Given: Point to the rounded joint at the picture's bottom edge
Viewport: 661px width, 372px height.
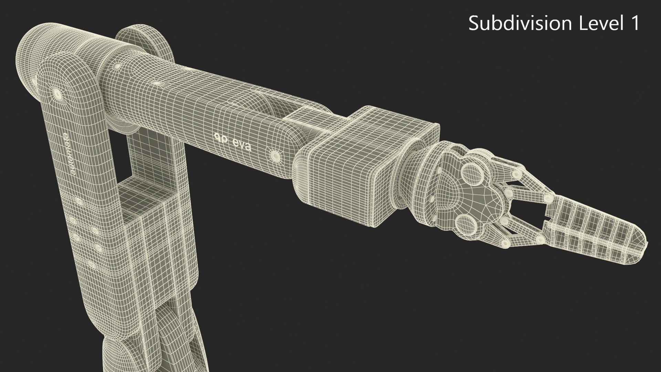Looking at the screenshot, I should (117, 358).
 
